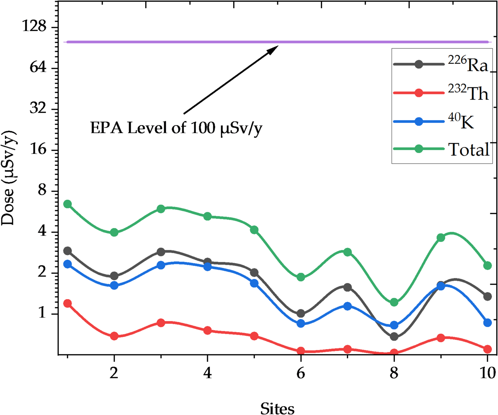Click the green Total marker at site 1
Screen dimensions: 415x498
pyautogui.click(x=67, y=204)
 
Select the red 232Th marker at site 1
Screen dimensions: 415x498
pyautogui.click(x=67, y=303)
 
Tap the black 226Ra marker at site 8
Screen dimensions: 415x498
pyautogui.click(x=394, y=337)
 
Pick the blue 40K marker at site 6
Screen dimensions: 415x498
pyautogui.click(x=300, y=324)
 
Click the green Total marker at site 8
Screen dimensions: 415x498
pyautogui.click(x=394, y=302)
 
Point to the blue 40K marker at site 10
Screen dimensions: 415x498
pyautogui.click(x=487, y=323)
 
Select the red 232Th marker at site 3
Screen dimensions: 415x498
pyautogui.click(x=161, y=323)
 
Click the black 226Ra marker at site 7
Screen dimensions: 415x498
pyautogui.click(x=347, y=287)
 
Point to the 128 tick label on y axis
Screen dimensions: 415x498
pyautogui.click(x=34, y=26)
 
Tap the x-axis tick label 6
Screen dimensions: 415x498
pyautogui.click(x=300, y=373)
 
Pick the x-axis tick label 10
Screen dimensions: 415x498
pyautogui.click(x=487, y=373)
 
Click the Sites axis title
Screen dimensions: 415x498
pyautogui.click(x=277, y=409)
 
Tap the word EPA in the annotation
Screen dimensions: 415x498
pyautogui.click(x=107, y=128)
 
